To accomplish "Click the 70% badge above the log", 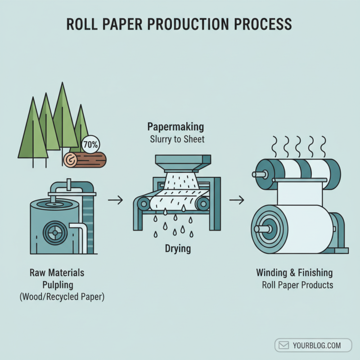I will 92,145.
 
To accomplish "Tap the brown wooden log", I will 85,159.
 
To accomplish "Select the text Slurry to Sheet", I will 177,139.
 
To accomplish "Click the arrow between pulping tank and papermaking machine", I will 116,200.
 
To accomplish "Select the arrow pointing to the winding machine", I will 237,200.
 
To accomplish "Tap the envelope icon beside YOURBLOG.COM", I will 284,346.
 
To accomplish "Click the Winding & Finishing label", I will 294,273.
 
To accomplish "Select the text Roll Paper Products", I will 297,285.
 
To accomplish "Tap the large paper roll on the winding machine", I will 288,229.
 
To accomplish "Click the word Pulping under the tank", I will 57,285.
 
